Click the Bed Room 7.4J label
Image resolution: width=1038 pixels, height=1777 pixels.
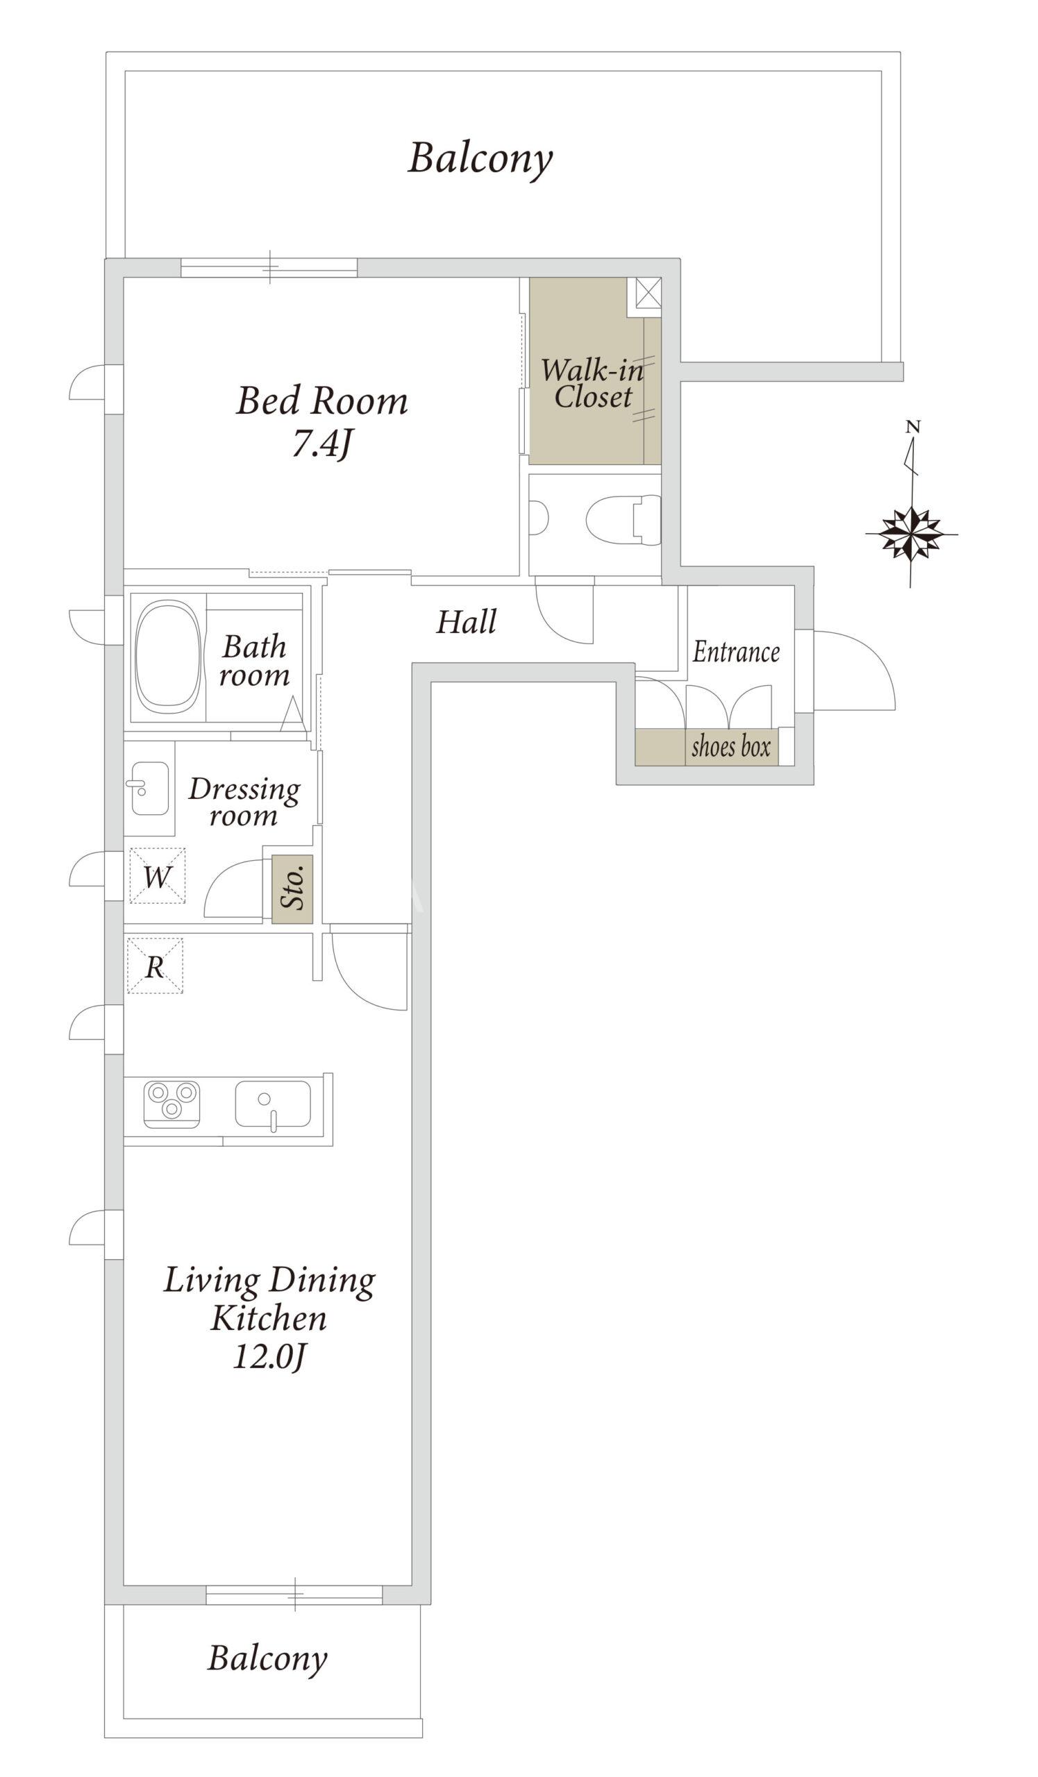pyautogui.click(x=321, y=421)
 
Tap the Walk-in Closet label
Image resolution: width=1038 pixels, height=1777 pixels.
pyautogui.click(x=592, y=384)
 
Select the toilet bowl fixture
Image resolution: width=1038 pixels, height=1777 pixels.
pyautogui.click(x=623, y=520)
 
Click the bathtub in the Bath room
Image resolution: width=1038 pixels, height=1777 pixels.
pyautogui.click(x=168, y=657)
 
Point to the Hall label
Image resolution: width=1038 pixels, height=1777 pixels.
pyautogui.click(x=466, y=622)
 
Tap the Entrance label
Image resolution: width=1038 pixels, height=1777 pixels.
pyautogui.click(x=736, y=652)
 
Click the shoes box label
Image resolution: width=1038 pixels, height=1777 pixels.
pyautogui.click(x=731, y=747)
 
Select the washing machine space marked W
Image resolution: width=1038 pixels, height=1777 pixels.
pyautogui.click(x=157, y=876)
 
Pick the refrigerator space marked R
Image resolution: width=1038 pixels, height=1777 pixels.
pyautogui.click(x=155, y=966)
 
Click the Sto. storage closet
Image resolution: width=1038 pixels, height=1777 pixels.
pyautogui.click(x=292, y=889)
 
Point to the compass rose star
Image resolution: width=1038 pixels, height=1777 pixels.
pyautogui.click(x=912, y=534)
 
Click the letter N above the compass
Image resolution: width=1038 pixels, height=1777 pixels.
pyautogui.click(x=913, y=427)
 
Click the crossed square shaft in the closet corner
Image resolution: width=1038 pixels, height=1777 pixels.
pyautogui.click(x=648, y=294)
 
